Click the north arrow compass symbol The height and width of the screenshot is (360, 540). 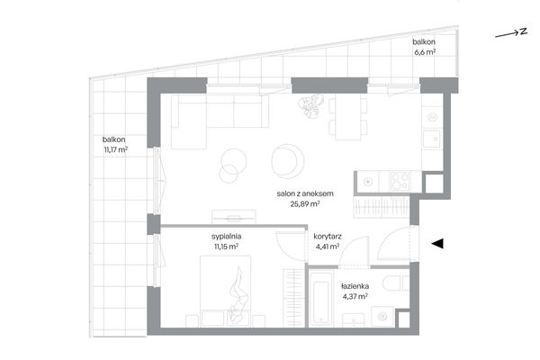[511, 32]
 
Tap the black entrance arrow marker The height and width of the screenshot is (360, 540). [437, 244]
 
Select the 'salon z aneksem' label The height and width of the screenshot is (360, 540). [305, 193]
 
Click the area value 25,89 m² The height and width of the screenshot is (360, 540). [305, 204]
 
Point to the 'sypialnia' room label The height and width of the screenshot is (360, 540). [226, 237]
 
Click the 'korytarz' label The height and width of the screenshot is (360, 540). [328, 237]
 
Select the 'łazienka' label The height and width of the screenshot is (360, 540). [355, 286]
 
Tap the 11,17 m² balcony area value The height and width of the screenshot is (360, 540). [116, 150]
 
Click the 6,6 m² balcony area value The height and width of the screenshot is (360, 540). [425, 52]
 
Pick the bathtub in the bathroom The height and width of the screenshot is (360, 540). [321, 298]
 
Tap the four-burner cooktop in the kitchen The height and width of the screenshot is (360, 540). [400, 181]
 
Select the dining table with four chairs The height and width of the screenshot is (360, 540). [347, 119]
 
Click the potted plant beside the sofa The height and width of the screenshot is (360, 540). [310, 106]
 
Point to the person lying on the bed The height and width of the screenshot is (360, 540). [238, 293]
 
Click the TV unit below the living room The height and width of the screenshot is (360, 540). [234, 217]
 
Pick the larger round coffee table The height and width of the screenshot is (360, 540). [288, 161]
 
